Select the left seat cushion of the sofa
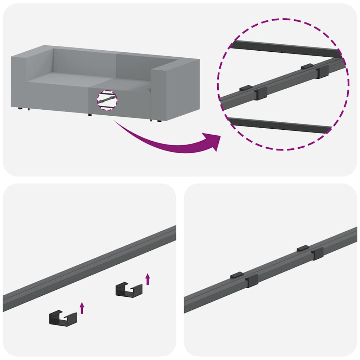coord(58,79)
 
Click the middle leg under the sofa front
coord(90,115)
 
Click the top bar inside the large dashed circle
coord(285,50)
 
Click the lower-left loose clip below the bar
coord(63,318)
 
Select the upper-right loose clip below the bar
coord(129,290)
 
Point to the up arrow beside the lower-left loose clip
coord(82,308)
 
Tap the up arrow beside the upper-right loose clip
coord(148,279)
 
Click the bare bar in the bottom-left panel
coord(88,269)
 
